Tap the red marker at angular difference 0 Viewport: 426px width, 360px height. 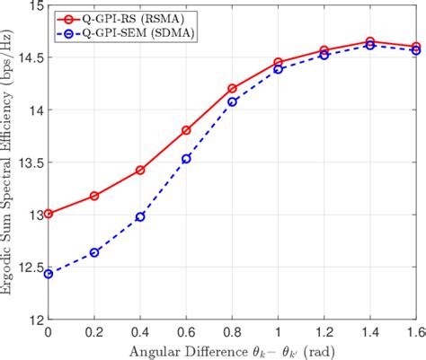click(x=48, y=214)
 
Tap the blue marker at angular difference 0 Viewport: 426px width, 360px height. click(x=48, y=274)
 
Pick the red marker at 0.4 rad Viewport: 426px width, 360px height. click(x=140, y=170)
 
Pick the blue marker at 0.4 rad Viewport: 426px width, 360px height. click(x=140, y=216)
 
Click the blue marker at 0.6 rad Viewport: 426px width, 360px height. click(x=186, y=159)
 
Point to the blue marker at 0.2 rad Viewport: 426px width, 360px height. click(x=94, y=252)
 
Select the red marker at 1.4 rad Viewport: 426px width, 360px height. click(x=370, y=41)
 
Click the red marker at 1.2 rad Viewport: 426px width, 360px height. click(x=324, y=50)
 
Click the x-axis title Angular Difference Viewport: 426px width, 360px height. click(x=231, y=349)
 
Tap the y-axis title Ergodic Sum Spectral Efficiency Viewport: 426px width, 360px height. click(x=8, y=162)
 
